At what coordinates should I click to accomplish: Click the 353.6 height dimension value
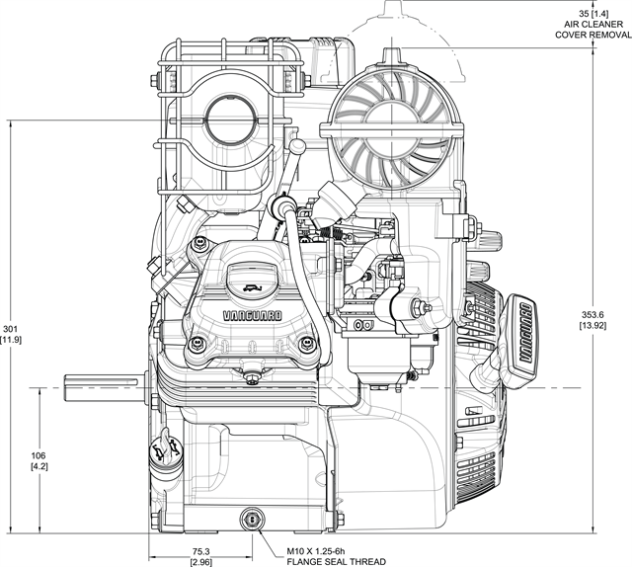[x=592, y=314]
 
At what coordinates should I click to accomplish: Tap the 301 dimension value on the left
[x=11, y=329]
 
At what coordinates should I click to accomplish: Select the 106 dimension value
[x=39, y=455]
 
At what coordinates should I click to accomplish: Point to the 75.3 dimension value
[x=200, y=551]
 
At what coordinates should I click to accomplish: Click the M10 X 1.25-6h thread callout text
[x=316, y=551]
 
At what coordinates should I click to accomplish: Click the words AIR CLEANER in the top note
[x=592, y=24]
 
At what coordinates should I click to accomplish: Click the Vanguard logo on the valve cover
[x=253, y=315]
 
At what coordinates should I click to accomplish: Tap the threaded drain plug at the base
[x=253, y=520]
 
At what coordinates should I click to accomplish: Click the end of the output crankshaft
[x=64, y=388]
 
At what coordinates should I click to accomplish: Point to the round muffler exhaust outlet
[x=232, y=116]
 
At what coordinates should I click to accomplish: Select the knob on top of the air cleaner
[x=392, y=55]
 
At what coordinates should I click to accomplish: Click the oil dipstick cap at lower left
[x=165, y=448]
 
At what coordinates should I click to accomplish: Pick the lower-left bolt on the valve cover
[x=197, y=344]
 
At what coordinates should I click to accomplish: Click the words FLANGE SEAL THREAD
[x=336, y=561]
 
